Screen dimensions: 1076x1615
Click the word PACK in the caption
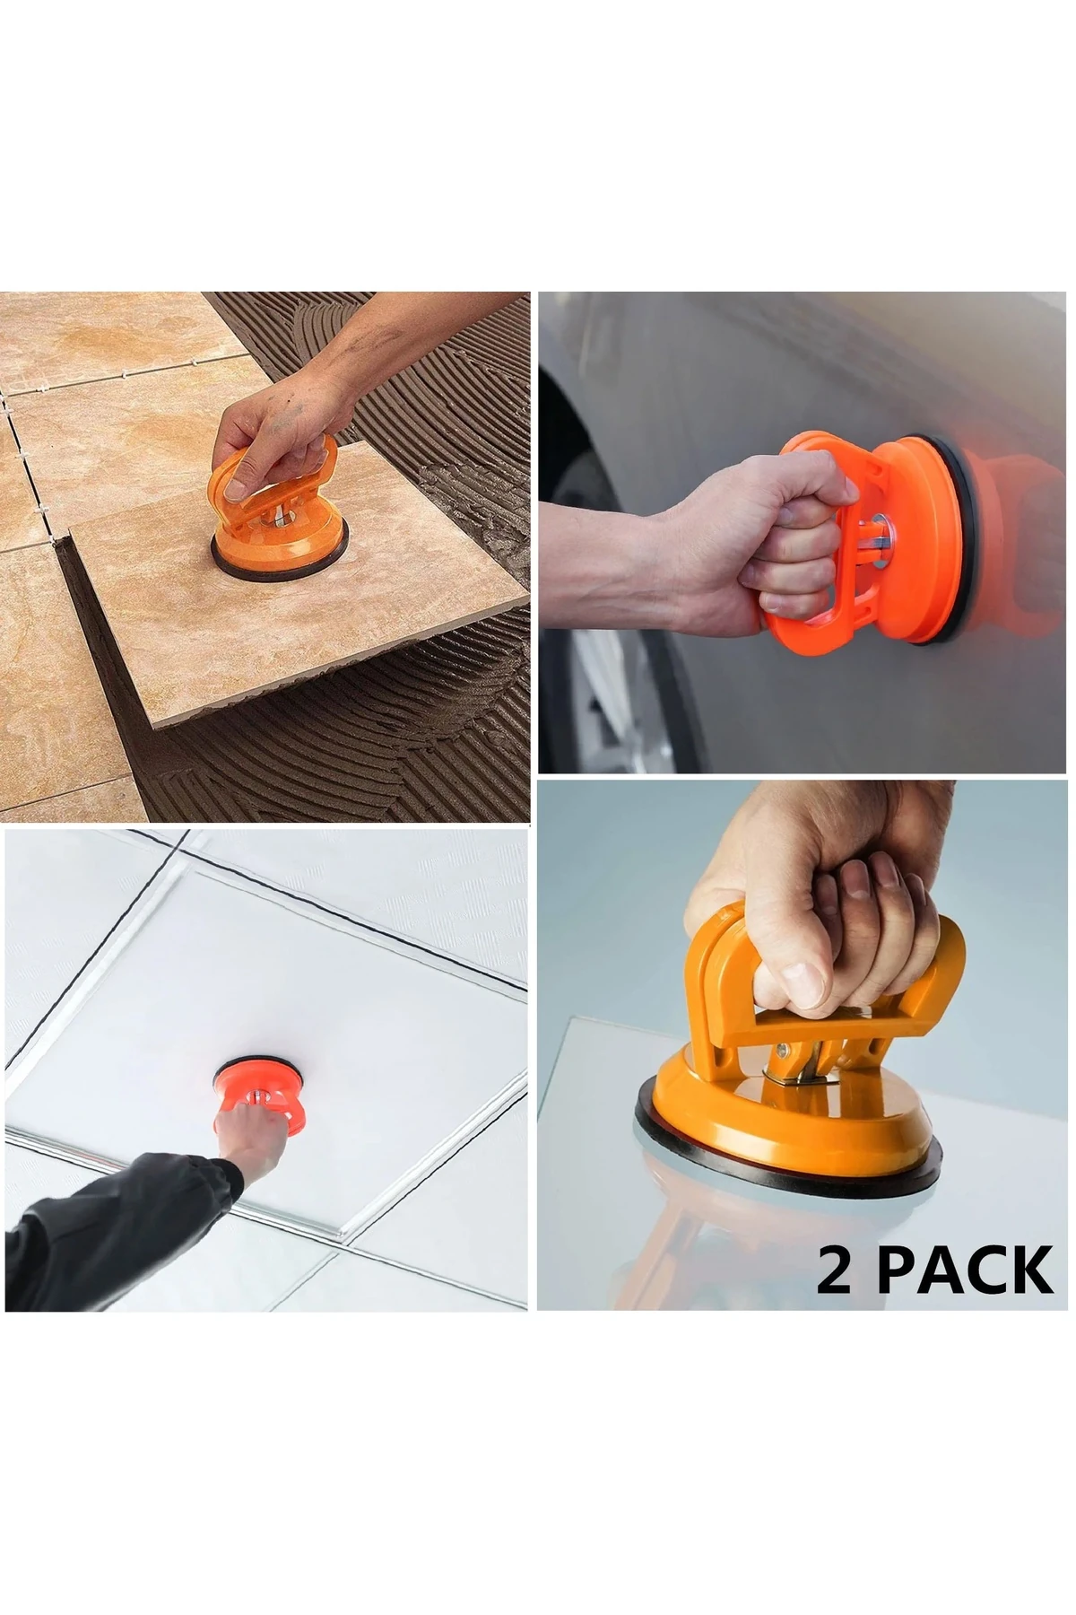coord(966,1270)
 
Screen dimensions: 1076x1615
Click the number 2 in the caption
coord(835,1270)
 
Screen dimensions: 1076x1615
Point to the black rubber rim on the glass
coord(789,1157)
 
